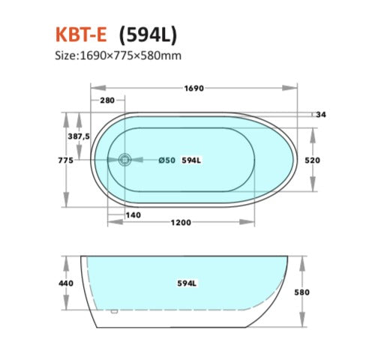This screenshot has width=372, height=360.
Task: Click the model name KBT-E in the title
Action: point(82,34)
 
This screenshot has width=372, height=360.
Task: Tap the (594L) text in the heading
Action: point(148,34)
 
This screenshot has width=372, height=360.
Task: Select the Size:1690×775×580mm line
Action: point(118,55)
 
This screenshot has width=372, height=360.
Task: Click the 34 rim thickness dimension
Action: point(322,114)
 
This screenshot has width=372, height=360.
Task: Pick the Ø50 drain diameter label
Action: point(166,160)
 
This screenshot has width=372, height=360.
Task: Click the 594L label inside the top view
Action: point(191,160)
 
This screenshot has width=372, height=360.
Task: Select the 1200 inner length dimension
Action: point(180,222)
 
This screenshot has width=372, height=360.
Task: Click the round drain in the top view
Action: point(125,159)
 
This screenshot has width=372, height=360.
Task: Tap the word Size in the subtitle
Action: point(66,55)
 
